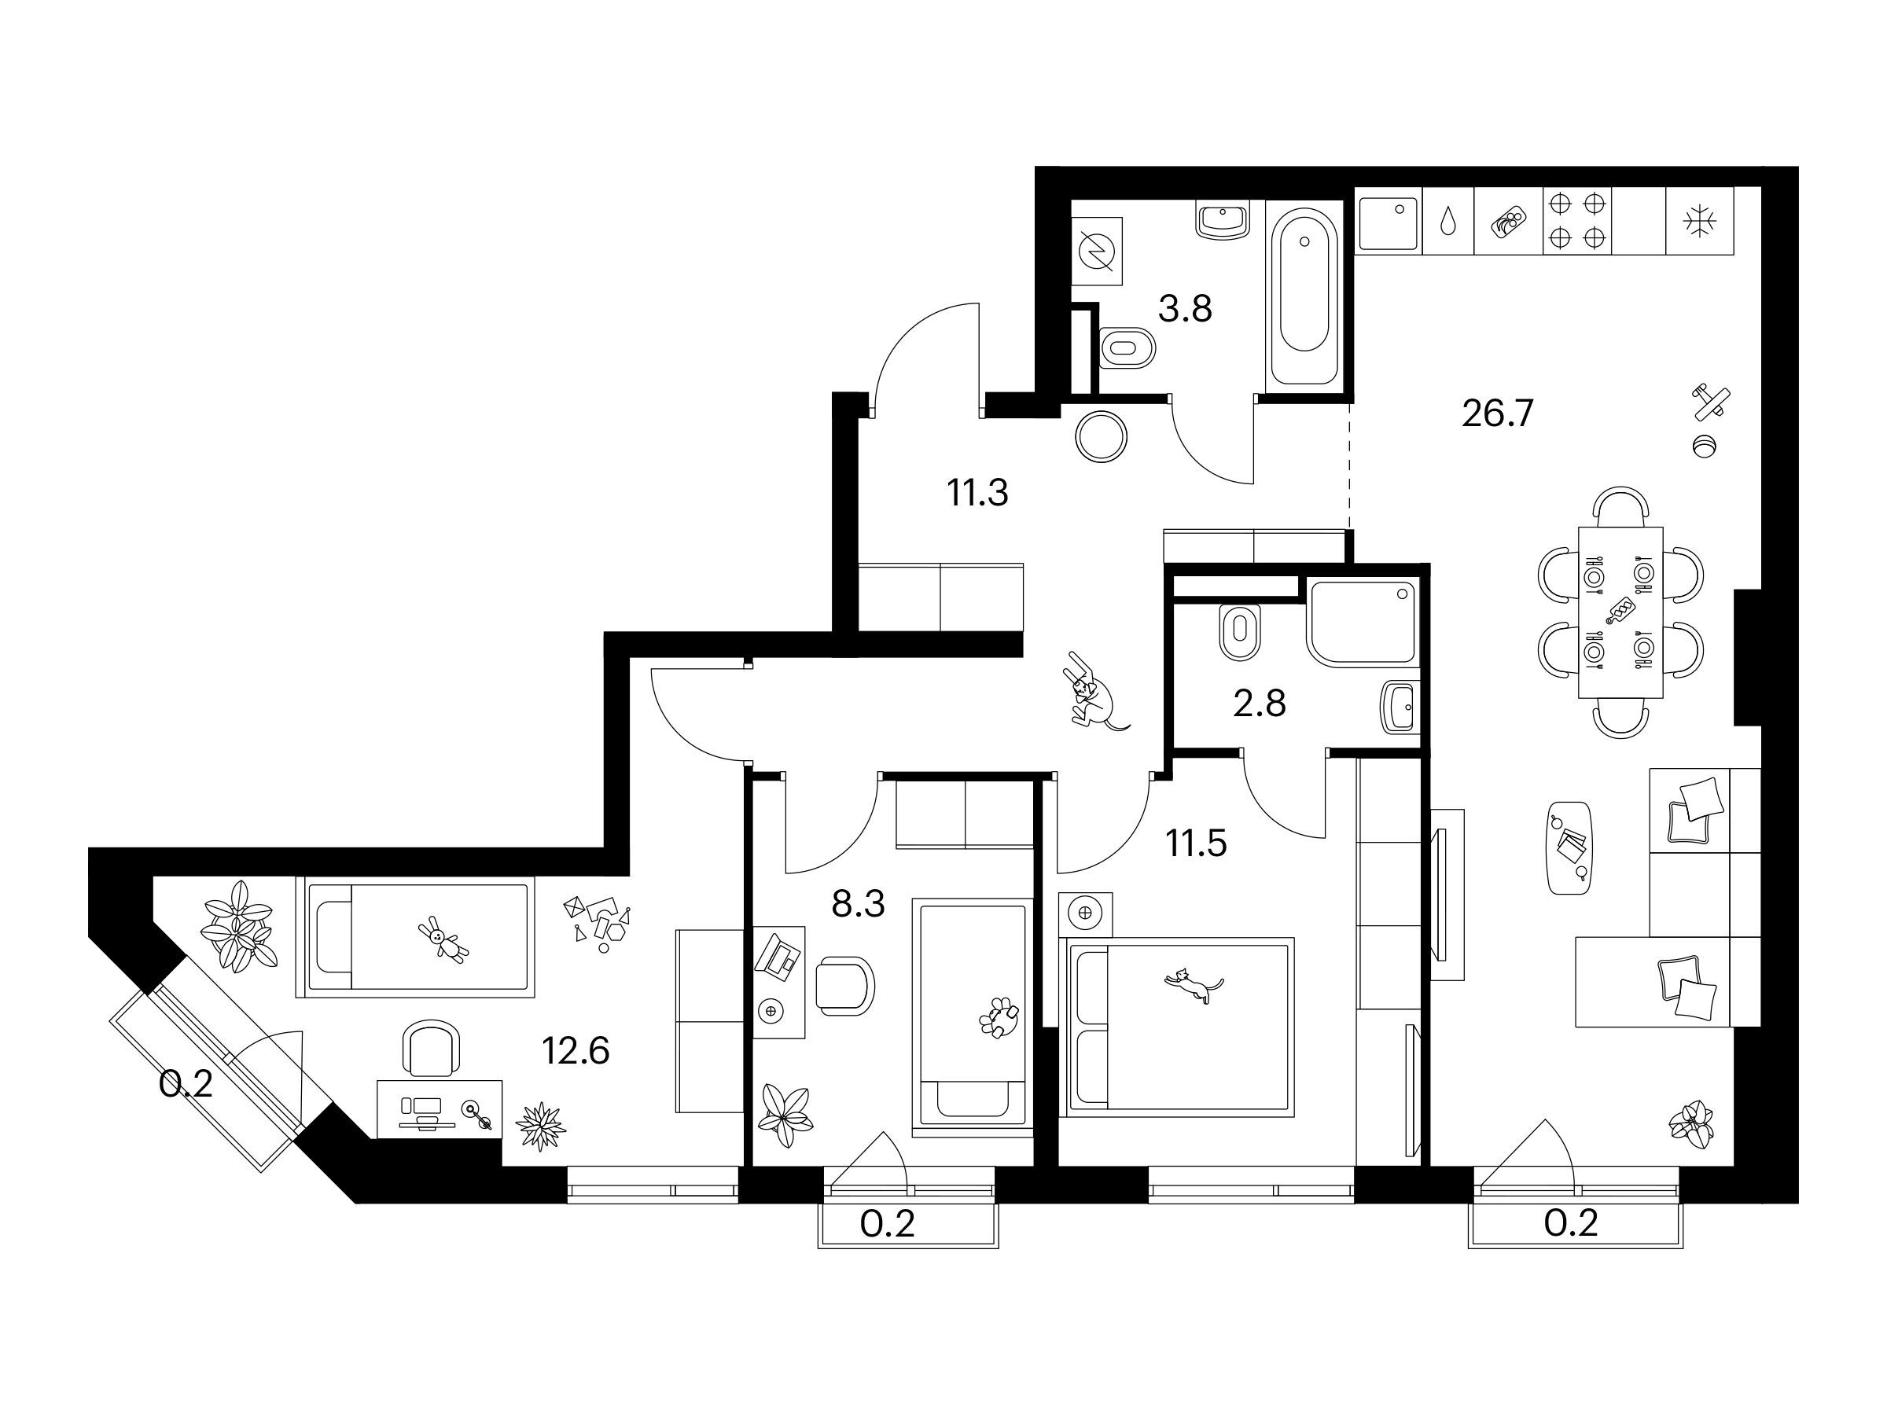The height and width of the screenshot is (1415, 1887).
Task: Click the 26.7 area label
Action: coord(1498,413)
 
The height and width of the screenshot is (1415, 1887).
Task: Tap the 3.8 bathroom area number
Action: coord(1185,309)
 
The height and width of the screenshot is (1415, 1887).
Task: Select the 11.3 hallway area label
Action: coord(977,493)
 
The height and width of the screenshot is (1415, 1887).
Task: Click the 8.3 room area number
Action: coord(859,904)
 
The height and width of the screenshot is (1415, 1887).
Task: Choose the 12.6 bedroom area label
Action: coord(576,1052)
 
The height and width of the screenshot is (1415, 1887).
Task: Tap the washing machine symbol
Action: coord(1097,251)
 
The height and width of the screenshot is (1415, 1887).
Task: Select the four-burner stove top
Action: coord(1576,221)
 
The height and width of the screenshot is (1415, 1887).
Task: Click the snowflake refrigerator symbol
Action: coord(1700,221)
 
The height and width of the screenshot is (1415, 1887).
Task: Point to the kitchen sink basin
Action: coord(1388,223)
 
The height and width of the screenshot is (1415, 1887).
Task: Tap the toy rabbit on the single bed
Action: coord(443,940)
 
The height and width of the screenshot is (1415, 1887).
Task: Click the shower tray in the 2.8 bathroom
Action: coord(1363,623)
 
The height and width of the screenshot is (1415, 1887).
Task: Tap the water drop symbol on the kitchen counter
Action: coord(1448,222)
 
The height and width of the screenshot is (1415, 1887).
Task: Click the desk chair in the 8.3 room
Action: coord(844,986)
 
